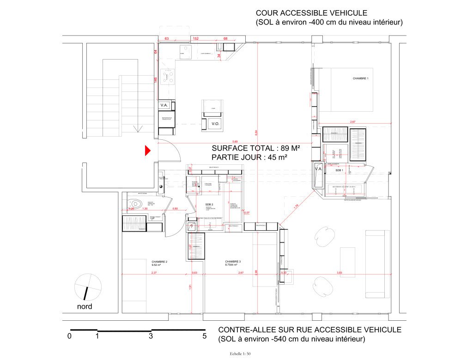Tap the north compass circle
[88, 287]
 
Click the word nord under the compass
[84, 306]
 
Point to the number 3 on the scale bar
[151, 336]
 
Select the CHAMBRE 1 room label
[361, 79]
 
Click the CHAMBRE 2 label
[159, 262]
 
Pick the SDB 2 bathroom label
[209, 204]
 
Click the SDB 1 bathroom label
[339, 170]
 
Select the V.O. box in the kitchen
[215, 124]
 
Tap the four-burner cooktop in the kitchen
[167, 77]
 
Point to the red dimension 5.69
[235, 141]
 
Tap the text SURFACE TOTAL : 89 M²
[256, 149]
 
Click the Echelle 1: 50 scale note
[239, 354]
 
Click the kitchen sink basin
[186, 52]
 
